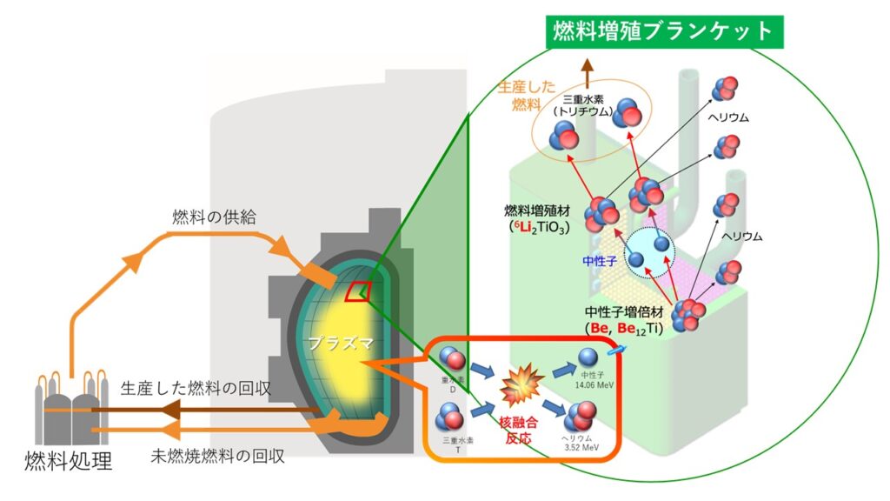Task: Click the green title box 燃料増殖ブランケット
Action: (663, 31)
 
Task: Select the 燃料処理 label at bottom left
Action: (68, 461)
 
